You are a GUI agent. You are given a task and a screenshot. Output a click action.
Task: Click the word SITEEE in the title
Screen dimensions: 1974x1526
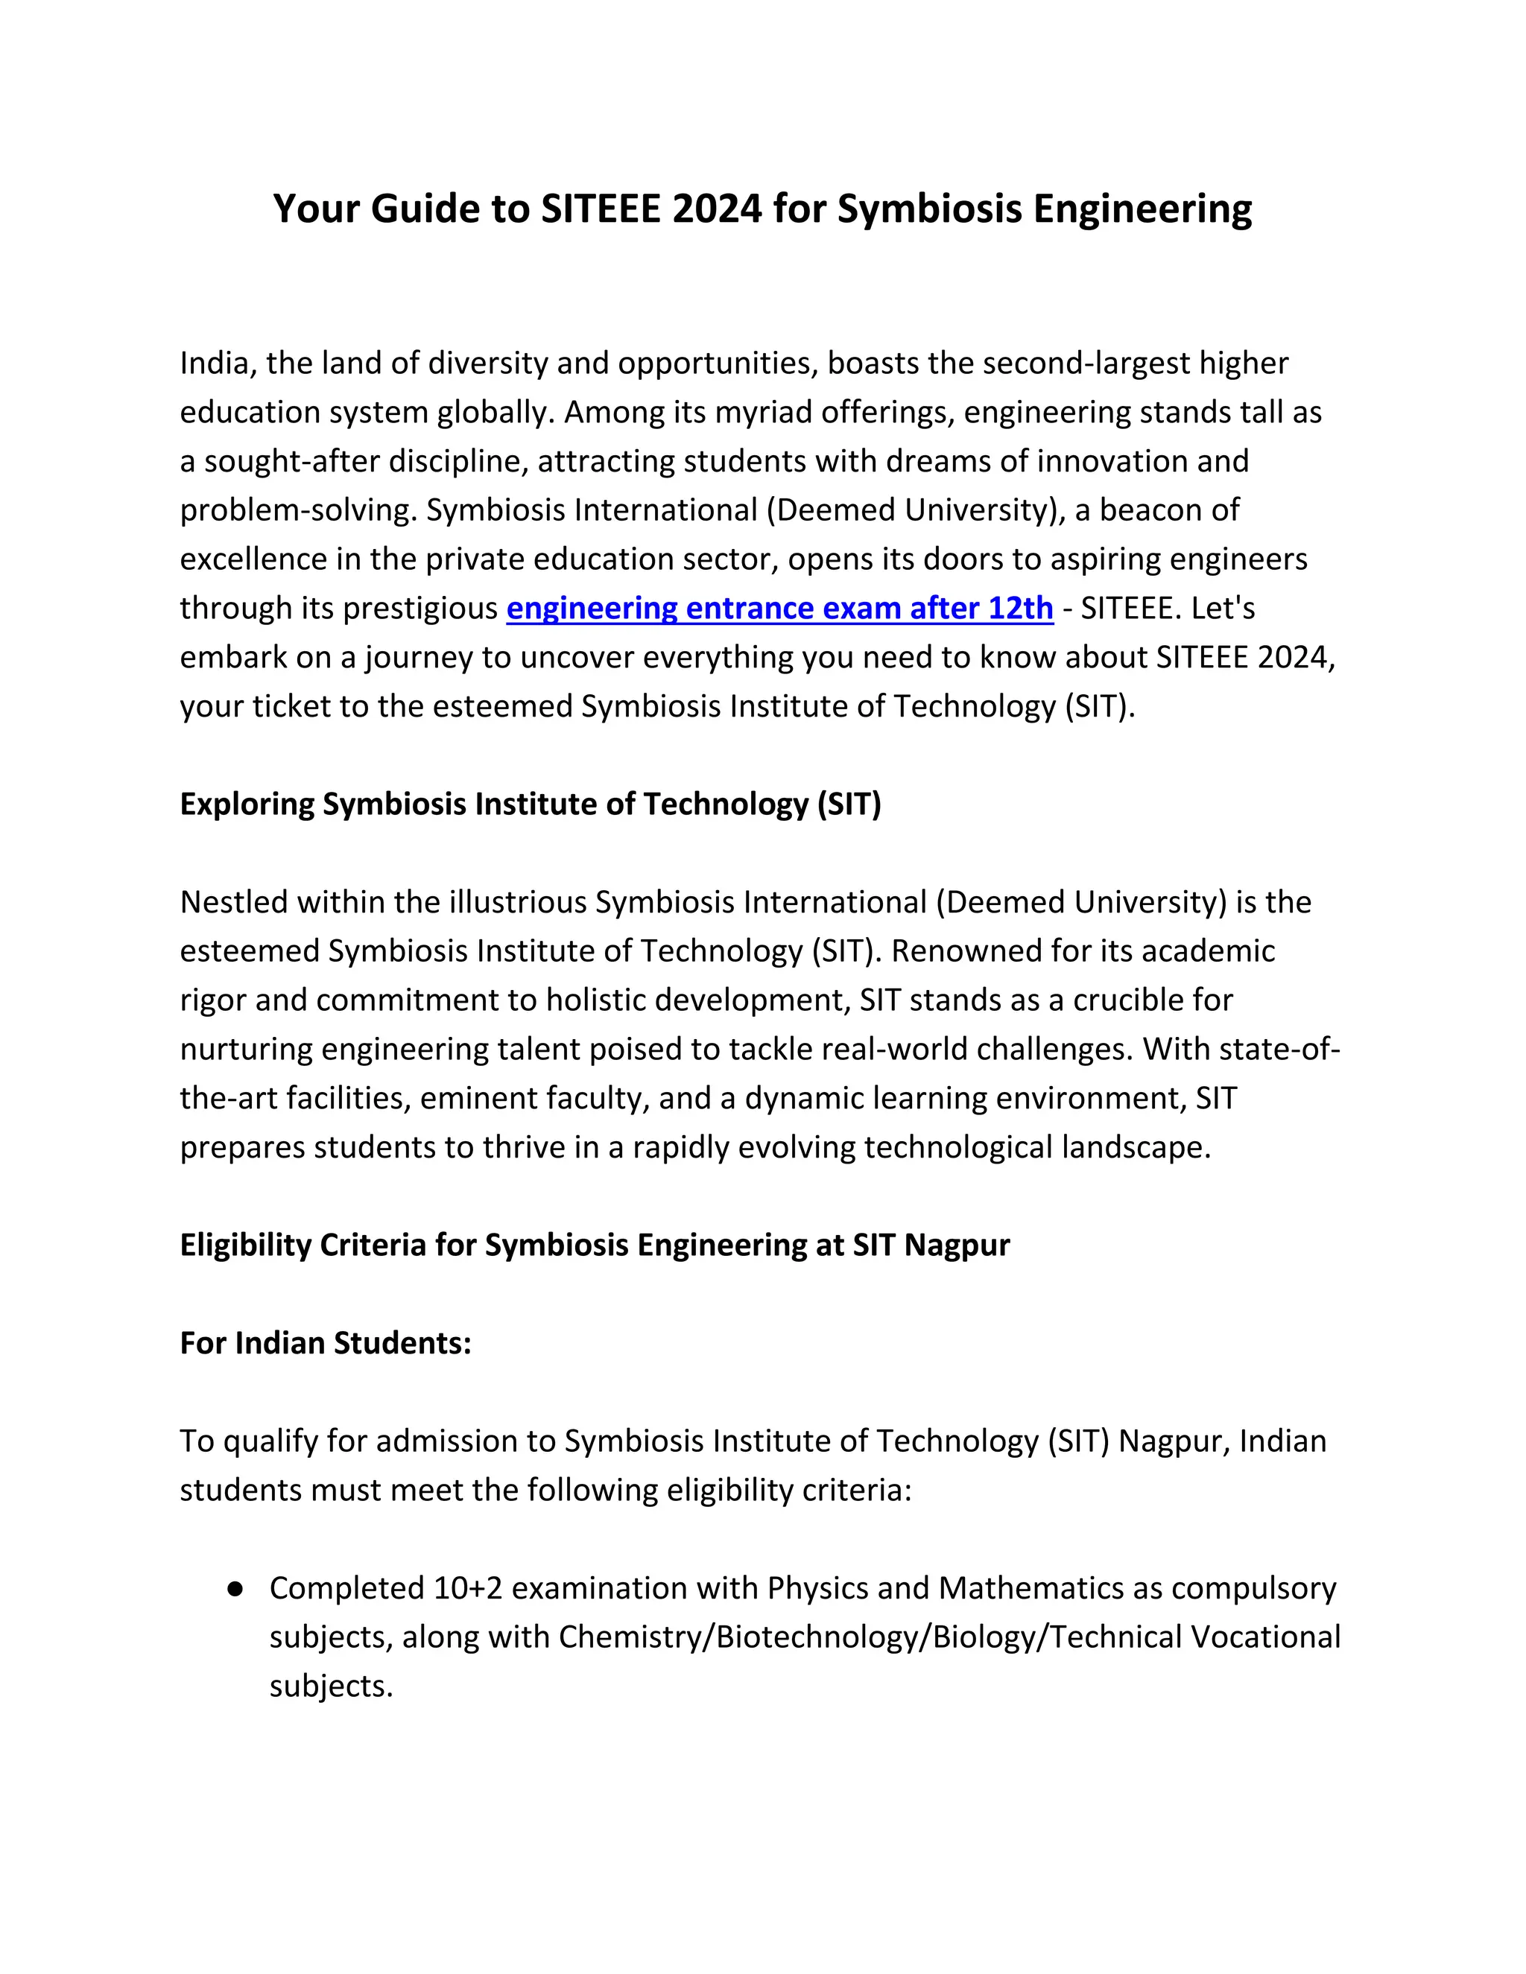[x=601, y=209]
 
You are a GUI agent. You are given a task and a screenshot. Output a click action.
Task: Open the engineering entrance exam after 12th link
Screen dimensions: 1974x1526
[x=779, y=609]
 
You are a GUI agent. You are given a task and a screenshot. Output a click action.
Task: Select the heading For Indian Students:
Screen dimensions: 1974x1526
[x=326, y=1343]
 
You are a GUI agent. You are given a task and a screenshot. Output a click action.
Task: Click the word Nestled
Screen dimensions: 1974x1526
[x=233, y=902]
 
